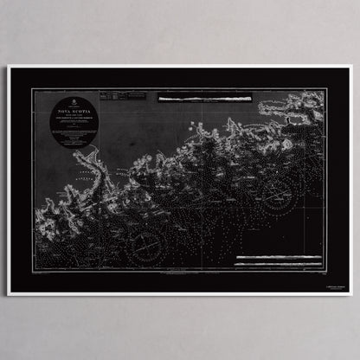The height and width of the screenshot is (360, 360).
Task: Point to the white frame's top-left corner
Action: (x=9, y=66)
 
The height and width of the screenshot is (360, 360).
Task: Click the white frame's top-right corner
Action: (x=351, y=66)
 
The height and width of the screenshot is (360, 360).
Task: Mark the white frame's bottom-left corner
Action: (x=9, y=295)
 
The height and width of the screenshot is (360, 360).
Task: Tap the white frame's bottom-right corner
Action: (x=351, y=295)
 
